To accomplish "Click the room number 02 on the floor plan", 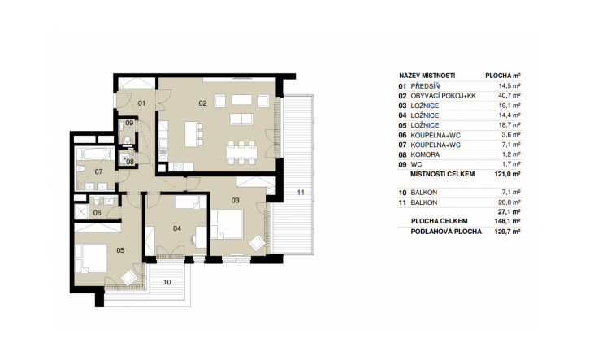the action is coord(202,103).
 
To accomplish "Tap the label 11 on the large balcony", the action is coord(301,193).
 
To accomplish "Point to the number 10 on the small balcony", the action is coord(167,282).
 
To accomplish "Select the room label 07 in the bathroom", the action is coord(98,172).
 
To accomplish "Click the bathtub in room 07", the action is coord(95,154).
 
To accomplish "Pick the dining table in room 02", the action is coord(241,152).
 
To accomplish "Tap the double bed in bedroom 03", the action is coord(228,224).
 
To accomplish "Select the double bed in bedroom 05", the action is coord(90,258).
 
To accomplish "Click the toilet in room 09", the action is coord(128,141).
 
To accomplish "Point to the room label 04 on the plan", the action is coord(177,228).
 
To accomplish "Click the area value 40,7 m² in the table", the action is coord(509,96).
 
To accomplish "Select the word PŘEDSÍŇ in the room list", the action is coord(425,86).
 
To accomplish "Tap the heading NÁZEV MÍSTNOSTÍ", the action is coord(427,76).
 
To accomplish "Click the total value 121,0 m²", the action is coord(507,175).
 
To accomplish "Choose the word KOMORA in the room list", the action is coord(425,154).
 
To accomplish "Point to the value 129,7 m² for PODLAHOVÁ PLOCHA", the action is coord(507,232).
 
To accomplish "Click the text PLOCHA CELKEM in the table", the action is coord(439,221).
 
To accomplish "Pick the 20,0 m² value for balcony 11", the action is coord(509,202).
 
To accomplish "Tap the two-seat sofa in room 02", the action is coord(241,119).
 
